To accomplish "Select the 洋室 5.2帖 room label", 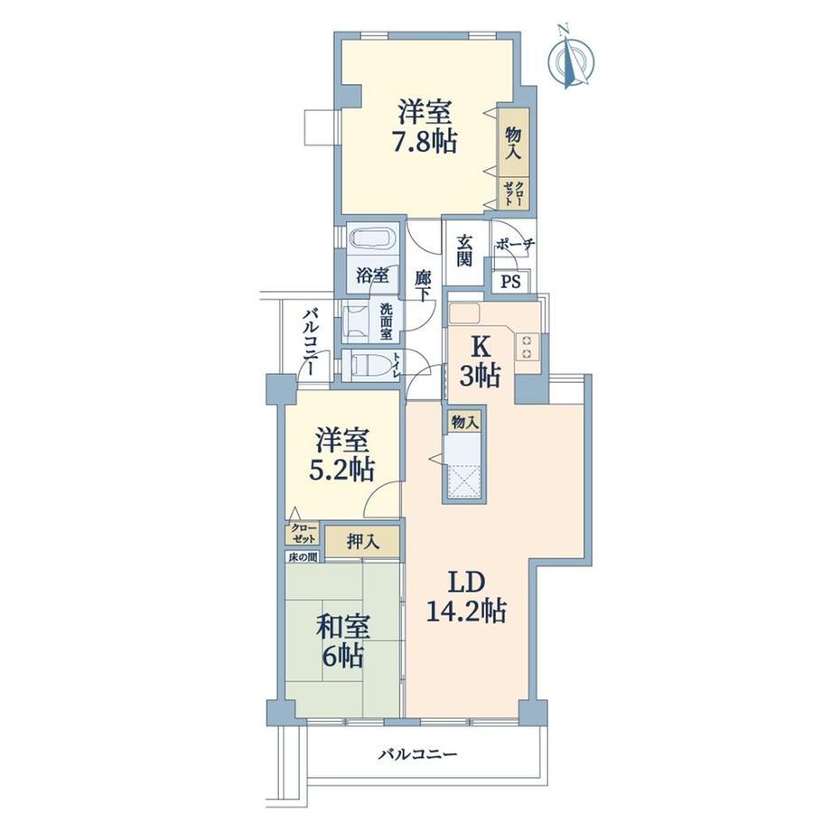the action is tap(342, 454).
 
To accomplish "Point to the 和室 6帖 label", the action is tap(343, 641).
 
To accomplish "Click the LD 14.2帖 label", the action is tap(466, 597).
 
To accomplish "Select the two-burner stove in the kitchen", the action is tap(528, 347).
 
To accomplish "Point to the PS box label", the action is tap(511, 282).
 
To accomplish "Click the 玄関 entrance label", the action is tap(464, 251).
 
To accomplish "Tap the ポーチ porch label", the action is tap(515, 244).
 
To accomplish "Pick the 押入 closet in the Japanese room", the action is tap(363, 541).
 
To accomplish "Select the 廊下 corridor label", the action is tap(423, 285).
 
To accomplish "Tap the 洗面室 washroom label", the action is tap(386, 322).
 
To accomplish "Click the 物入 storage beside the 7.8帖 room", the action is tap(513, 143).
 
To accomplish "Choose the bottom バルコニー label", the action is tap(417, 753).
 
